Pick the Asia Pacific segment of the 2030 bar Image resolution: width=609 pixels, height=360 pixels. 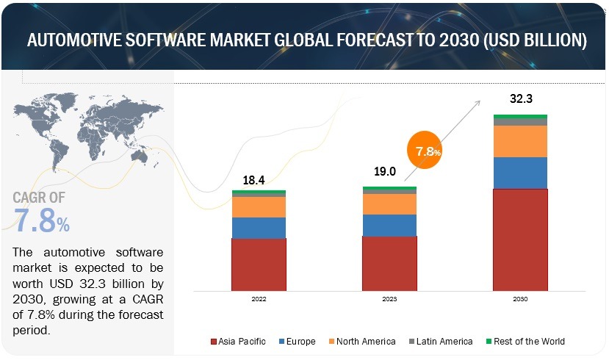click(520, 239)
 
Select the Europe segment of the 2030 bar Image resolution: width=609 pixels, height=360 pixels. click(520, 173)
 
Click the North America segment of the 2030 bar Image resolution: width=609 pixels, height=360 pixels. click(520, 141)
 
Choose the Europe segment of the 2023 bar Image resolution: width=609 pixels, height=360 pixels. click(389, 225)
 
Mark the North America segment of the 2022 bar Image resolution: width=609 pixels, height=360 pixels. click(259, 207)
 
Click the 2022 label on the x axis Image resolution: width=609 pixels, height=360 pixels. click(259, 299)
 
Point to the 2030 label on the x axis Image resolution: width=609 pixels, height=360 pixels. click(520, 299)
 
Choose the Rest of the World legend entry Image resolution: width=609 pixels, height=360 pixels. click(525, 341)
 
